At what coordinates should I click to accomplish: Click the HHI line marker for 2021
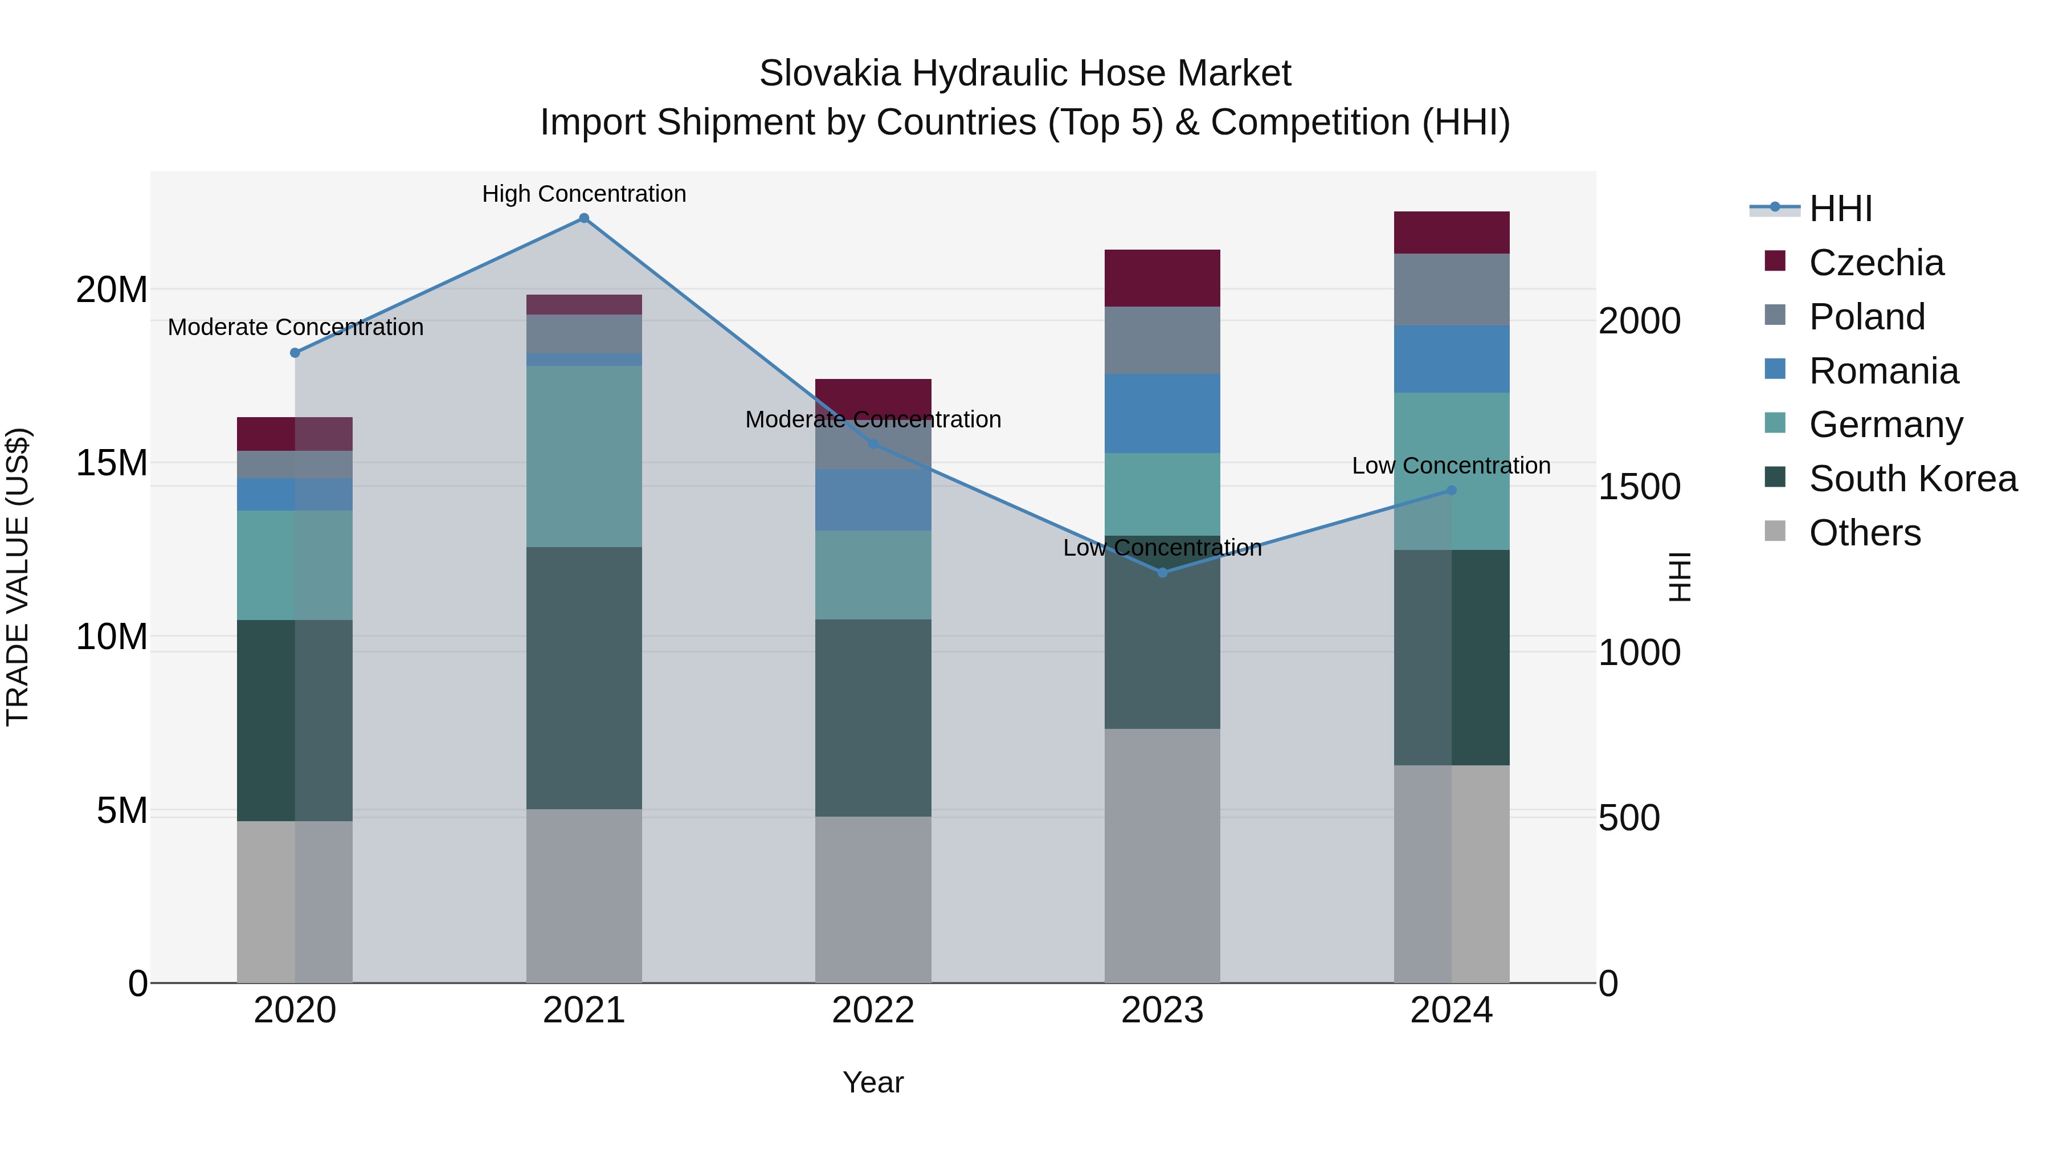pyautogui.click(x=583, y=218)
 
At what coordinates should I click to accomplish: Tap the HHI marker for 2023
pyautogui.click(x=1162, y=573)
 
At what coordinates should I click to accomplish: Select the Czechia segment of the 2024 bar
pyautogui.click(x=1452, y=233)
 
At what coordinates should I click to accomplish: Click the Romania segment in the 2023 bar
pyautogui.click(x=1162, y=413)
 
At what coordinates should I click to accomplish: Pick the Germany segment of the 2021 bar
pyautogui.click(x=583, y=456)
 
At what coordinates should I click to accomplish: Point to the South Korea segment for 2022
pyautogui.click(x=873, y=717)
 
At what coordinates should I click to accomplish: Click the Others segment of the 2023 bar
pyautogui.click(x=1162, y=855)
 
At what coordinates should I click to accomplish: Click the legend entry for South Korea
pyautogui.click(x=1913, y=479)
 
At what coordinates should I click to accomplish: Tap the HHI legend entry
pyautogui.click(x=1840, y=209)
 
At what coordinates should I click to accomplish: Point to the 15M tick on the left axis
pyautogui.click(x=112, y=463)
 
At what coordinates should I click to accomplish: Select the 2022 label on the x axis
pyautogui.click(x=873, y=1010)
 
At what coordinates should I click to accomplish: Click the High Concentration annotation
pyautogui.click(x=583, y=194)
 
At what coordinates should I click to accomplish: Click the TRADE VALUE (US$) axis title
pyautogui.click(x=18, y=577)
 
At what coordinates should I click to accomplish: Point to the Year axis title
pyautogui.click(x=873, y=1082)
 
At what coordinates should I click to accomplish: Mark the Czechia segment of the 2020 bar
pyautogui.click(x=295, y=434)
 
